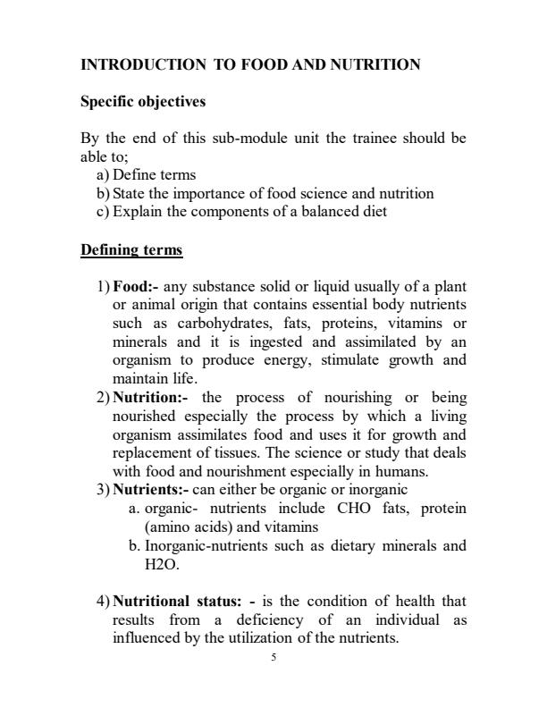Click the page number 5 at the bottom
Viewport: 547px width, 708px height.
[x=274, y=658]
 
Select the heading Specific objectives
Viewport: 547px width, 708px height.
[x=143, y=102]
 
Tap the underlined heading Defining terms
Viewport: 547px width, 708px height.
[x=131, y=249]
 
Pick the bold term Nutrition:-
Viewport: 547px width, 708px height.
[x=151, y=396]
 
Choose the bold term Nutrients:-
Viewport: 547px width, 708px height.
[x=151, y=489]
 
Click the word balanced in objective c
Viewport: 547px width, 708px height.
[x=329, y=212]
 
